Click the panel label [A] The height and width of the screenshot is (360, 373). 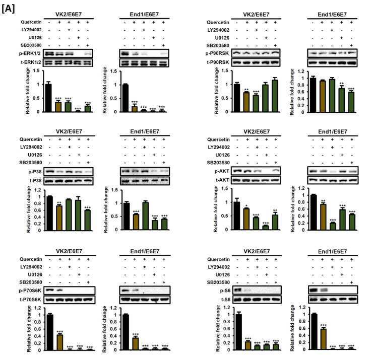pos(8,9)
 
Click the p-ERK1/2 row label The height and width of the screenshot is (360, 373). pos(30,53)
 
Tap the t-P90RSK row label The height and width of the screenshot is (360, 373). pos(217,62)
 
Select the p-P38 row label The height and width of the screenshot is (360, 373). pos(35,172)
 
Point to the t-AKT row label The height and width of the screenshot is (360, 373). pos(222,180)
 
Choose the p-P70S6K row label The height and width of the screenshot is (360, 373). pos(30,291)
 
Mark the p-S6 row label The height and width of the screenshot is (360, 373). pos(225,291)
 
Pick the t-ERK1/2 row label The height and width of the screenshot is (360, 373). pos(30,62)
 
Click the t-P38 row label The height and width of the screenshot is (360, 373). pos(35,181)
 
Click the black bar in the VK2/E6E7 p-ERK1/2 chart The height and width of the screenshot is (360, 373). pos(48,98)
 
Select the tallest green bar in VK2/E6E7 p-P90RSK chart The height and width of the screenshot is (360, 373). pos(275,96)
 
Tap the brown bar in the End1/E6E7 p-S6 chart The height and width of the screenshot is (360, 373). pos(323,339)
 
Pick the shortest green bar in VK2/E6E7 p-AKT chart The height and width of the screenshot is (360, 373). pos(266,228)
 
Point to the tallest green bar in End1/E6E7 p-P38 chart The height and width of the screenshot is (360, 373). pos(145,216)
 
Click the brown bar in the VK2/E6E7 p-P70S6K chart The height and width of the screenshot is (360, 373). pos(59,342)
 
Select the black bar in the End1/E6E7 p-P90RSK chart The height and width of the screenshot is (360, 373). pos(313,95)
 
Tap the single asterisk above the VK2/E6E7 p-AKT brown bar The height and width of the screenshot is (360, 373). pos(246,206)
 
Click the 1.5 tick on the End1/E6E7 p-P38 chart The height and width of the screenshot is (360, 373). pos(115,190)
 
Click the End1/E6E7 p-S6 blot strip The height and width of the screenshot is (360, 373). pos(333,290)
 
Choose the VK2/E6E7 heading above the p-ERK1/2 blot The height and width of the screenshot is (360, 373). pos(69,15)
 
